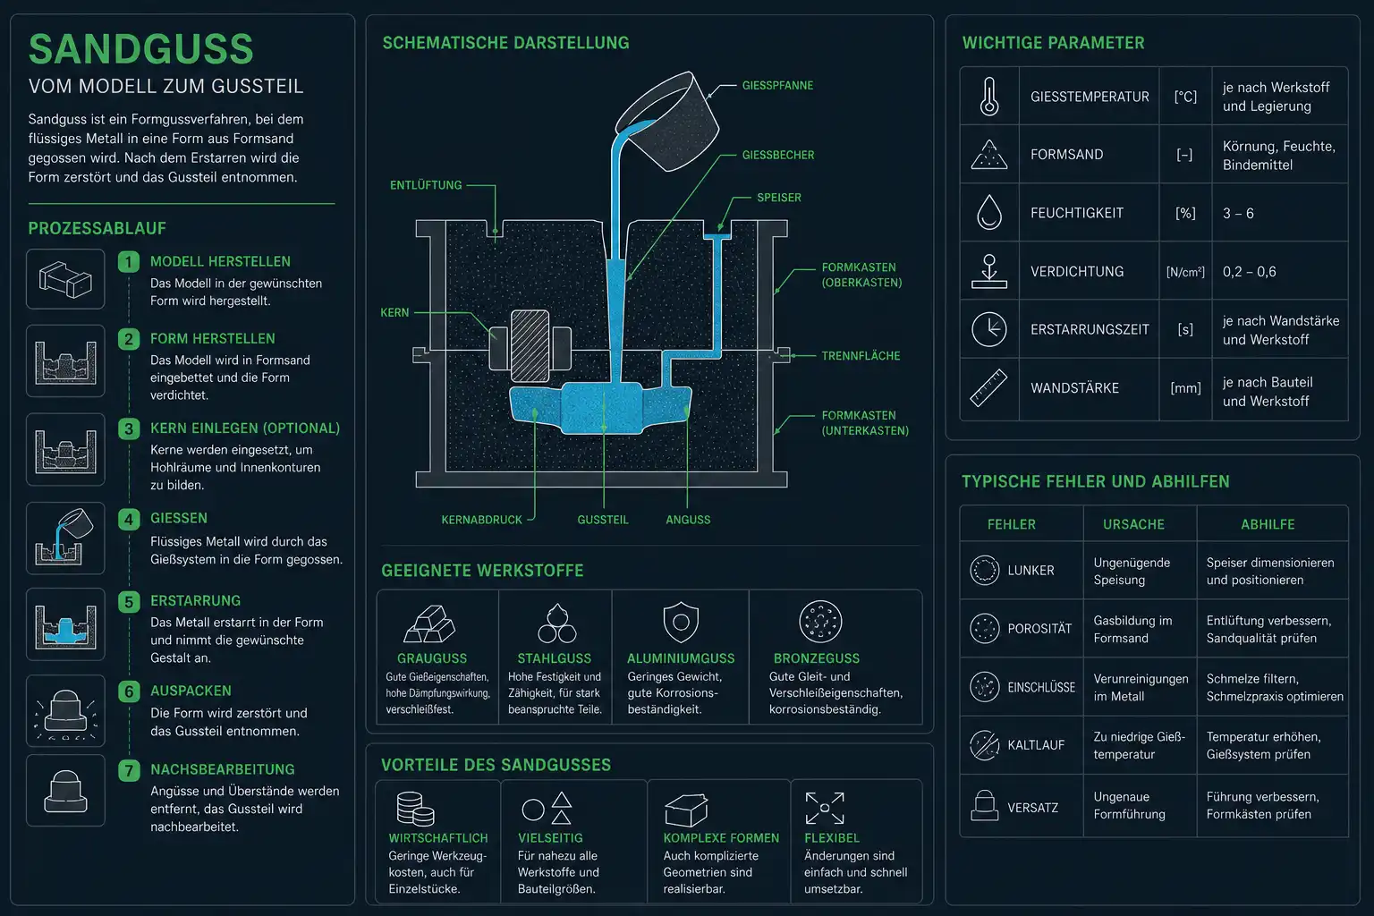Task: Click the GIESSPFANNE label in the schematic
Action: point(777,85)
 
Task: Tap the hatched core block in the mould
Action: point(530,346)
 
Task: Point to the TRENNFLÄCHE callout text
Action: point(861,356)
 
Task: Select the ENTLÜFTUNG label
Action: point(426,185)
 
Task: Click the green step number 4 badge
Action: point(129,520)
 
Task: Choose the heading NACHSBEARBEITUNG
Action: point(223,769)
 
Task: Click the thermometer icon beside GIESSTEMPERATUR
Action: point(988,97)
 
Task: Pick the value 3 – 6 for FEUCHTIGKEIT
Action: point(1238,214)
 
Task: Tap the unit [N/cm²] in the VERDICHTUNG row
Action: point(1185,272)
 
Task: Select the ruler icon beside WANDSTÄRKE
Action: point(988,387)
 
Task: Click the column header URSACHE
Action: point(1133,524)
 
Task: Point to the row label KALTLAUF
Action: point(1036,745)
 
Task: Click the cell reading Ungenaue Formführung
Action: point(1129,806)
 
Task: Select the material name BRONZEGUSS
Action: point(817,658)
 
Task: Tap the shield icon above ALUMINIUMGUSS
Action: point(681,622)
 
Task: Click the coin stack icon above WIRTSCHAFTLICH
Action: point(415,808)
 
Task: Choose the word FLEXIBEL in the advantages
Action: point(832,838)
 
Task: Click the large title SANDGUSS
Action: point(141,49)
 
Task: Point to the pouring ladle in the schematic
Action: point(668,120)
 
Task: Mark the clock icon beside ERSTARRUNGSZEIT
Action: point(988,329)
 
